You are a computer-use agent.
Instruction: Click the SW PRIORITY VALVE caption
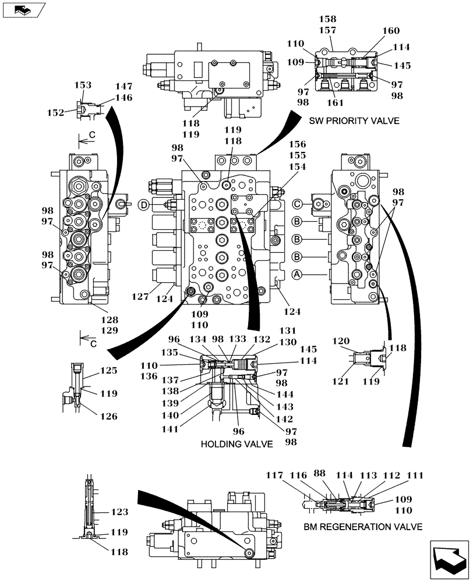355,121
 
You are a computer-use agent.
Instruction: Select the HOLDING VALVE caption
236,444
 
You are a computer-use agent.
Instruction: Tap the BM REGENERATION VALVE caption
362,527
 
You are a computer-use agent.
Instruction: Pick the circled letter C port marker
298,204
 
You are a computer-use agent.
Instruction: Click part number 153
83,85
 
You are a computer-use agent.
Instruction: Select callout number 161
334,102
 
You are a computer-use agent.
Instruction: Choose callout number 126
108,416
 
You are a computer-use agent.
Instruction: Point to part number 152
56,113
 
